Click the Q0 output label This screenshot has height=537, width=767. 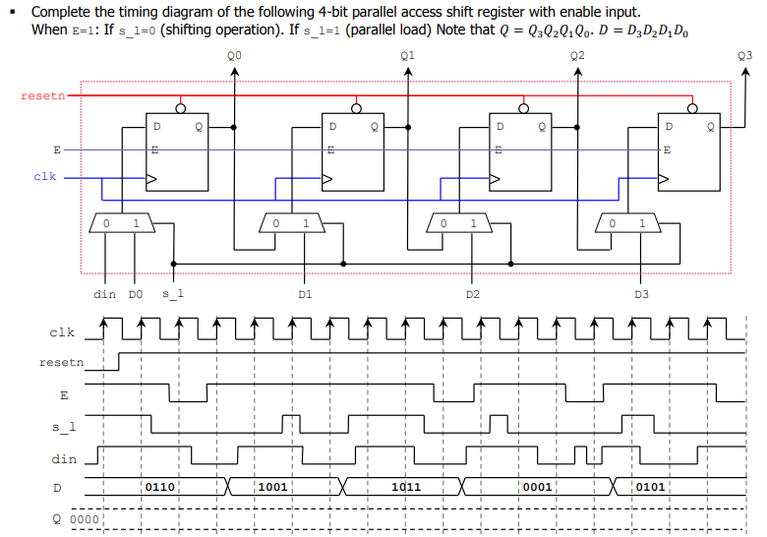pos(233,57)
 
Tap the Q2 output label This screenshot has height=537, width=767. pos(577,57)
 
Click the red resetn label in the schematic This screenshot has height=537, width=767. pos(41,95)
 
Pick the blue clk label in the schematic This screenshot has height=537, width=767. pos(45,177)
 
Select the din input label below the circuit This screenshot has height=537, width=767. pos(104,294)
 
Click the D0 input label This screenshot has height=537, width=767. pos(137,294)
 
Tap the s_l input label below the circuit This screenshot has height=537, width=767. pos(172,294)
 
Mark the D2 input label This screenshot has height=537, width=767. pos(474,294)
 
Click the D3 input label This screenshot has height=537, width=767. pos(642,294)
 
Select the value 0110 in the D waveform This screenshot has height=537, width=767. pos(160,487)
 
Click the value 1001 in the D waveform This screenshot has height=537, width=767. pos(272,487)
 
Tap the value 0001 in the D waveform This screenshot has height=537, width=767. pos(538,487)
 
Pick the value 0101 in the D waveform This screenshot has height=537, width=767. pos(651,487)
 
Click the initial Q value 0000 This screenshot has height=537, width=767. pos(86,518)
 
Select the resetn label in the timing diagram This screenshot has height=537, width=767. pos(61,363)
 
